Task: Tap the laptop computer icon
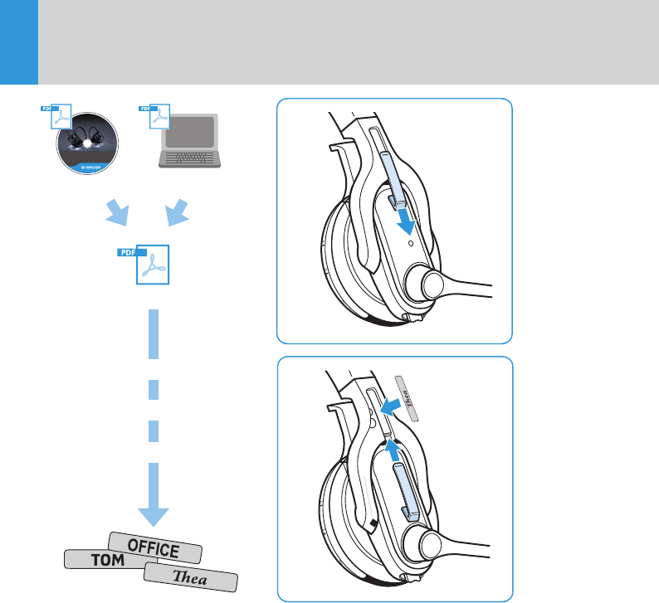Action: click(x=191, y=140)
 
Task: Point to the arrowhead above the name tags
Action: click(x=154, y=511)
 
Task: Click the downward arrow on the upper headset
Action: click(x=404, y=221)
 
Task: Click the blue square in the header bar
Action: click(x=19, y=41)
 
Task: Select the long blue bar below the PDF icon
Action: click(x=154, y=334)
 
